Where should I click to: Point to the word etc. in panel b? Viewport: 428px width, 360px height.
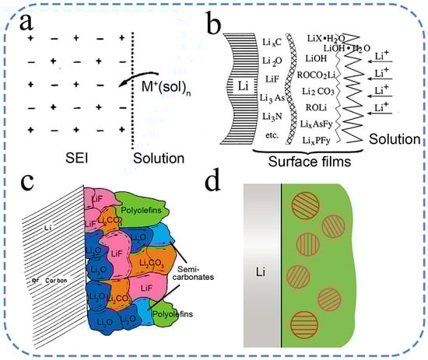265,131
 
